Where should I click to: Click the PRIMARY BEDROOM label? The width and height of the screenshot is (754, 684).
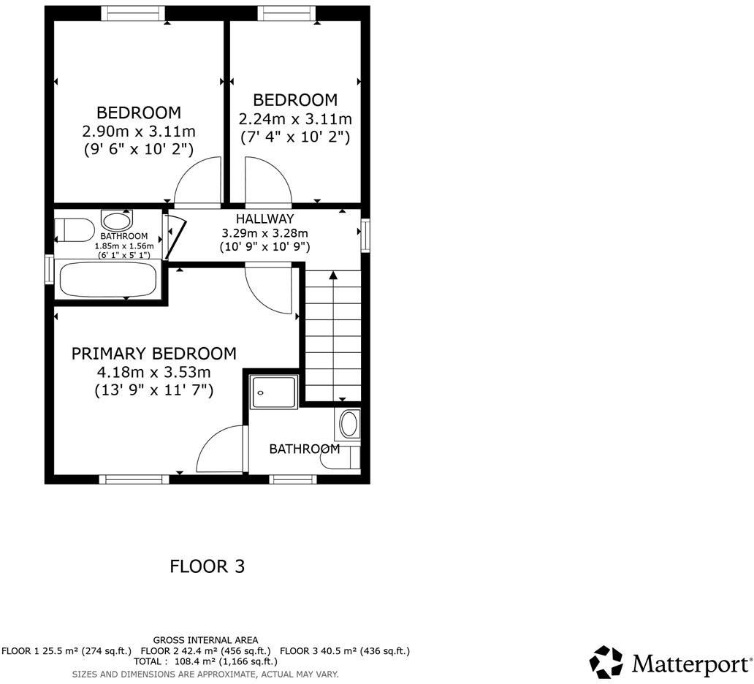pyautogui.click(x=153, y=354)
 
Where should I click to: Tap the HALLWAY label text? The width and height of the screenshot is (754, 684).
pyautogui.click(x=264, y=218)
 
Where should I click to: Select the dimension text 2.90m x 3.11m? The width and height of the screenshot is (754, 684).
pyautogui.click(x=139, y=132)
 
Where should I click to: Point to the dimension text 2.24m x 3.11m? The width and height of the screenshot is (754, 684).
pyautogui.click(x=295, y=118)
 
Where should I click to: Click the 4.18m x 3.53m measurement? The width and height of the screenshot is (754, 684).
pyautogui.click(x=153, y=372)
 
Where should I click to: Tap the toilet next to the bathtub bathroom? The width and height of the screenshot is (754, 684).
pyautogui.click(x=73, y=229)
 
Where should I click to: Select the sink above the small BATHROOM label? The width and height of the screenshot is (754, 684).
pyautogui.click(x=117, y=221)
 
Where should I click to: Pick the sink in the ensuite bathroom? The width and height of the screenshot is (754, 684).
pyautogui.click(x=350, y=424)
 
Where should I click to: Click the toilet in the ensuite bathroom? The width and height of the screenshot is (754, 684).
pyautogui.click(x=345, y=457)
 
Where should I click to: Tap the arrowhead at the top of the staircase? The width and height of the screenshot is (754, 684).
pyautogui.click(x=333, y=275)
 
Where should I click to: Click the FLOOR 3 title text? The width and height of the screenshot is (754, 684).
pyautogui.click(x=207, y=566)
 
